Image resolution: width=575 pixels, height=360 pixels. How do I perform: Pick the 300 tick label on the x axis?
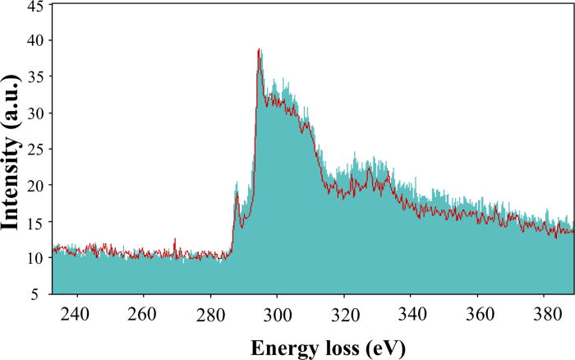[278, 312]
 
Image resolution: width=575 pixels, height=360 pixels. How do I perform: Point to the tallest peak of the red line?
[259, 50]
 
